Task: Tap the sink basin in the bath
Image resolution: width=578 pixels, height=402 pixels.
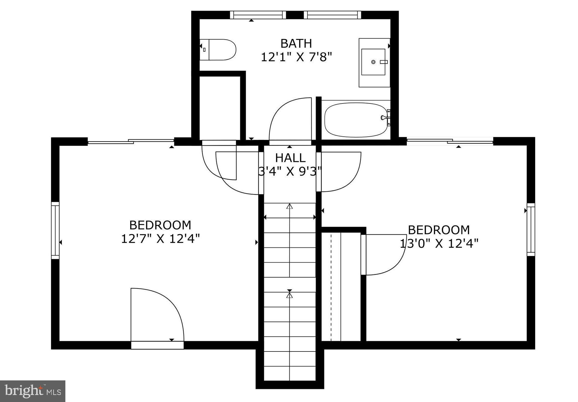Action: [373, 62]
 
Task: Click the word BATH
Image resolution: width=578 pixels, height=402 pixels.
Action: [296, 44]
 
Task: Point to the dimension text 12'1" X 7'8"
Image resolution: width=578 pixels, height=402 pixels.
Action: [296, 57]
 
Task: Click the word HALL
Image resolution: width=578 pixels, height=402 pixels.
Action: [290, 158]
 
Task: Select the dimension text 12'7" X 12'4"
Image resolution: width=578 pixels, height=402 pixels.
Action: [160, 239]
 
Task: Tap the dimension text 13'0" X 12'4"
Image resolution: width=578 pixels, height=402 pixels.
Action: [439, 243]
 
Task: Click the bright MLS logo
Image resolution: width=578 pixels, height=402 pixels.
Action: [33, 391]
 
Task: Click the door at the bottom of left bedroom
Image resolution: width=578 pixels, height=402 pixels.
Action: [157, 345]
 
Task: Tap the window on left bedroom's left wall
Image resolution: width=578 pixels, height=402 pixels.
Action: [55, 230]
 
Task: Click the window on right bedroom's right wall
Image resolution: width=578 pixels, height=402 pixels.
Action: [531, 229]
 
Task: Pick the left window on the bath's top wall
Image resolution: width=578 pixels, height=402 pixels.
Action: [258, 15]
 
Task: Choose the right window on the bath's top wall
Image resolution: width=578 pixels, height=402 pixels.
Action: [332, 15]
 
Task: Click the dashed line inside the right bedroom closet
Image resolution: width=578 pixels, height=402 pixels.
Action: [331, 286]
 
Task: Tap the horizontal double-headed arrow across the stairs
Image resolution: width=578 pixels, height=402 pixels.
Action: [289, 217]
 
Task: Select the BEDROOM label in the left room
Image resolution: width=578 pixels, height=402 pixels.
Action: [160, 225]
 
